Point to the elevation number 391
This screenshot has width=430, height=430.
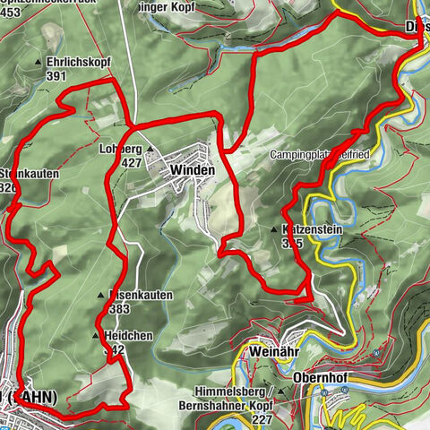click(x=56, y=76)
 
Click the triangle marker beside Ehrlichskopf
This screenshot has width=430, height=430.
click(x=38, y=63)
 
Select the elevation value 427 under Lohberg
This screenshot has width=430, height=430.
click(x=131, y=163)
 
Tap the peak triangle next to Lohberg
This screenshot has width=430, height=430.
click(x=150, y=150)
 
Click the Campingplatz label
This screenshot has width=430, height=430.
click(x=305, y=155)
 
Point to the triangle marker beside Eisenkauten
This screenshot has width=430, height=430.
click(x=100, y=295)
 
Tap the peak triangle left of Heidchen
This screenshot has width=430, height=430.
click(x=96, y=336)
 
